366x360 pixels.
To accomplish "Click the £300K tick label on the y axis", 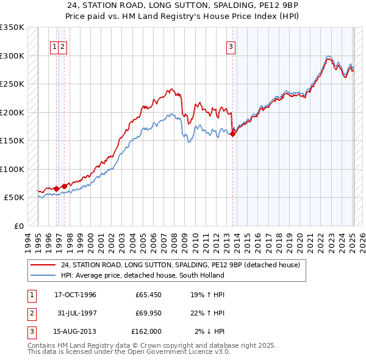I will coord(12,56).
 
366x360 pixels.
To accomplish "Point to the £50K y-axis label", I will coord(14,198).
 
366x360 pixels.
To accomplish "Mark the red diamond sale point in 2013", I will coord(233,134).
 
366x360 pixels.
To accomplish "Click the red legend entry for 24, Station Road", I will coord(180,265).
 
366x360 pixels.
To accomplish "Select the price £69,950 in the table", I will coord(146,313).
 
